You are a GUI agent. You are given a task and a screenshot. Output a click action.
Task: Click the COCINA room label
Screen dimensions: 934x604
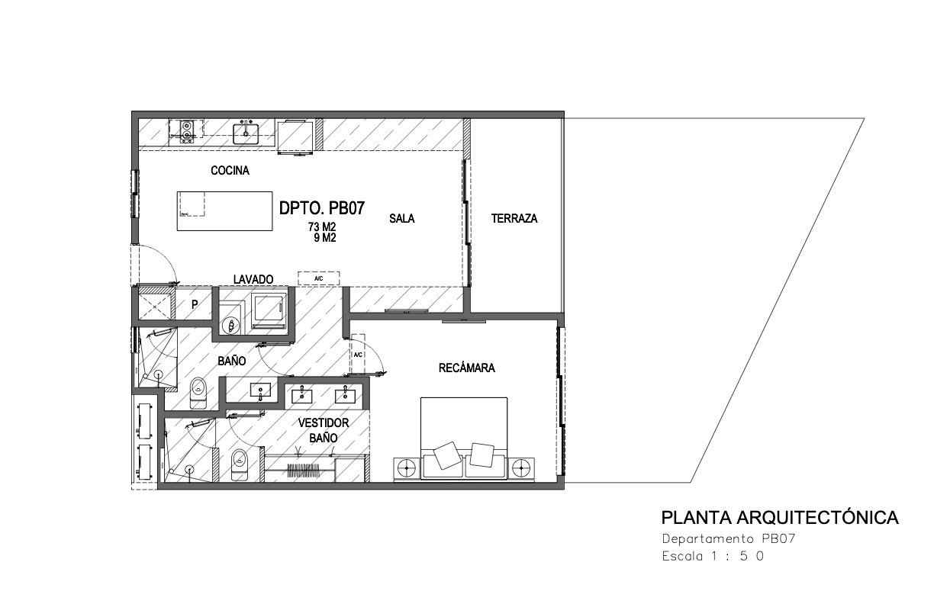coord(230,171)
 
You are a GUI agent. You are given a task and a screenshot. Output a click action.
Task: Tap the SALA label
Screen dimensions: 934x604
coord(402,218)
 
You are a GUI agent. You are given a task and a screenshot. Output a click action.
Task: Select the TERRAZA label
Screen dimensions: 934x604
coord(514,218)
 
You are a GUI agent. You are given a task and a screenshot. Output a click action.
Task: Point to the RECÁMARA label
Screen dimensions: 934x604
coord(466,368)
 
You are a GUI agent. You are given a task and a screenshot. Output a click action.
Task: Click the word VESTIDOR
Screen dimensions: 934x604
coord(324,423)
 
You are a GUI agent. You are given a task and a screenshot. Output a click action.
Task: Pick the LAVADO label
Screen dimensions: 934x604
coord(253,279)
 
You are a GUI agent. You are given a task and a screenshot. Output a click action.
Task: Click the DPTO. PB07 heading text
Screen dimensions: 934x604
coord(322,208)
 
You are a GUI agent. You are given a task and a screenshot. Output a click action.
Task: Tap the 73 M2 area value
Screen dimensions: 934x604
coord(322,226)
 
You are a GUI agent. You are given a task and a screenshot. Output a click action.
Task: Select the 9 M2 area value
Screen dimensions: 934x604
coord(325,238)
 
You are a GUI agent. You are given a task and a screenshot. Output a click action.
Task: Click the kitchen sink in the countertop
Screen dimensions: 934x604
coord(246,133)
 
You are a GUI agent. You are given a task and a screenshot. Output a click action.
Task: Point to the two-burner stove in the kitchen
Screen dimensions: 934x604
coord(187,131)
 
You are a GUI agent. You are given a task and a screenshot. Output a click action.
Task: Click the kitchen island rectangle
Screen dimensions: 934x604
coord(225,211)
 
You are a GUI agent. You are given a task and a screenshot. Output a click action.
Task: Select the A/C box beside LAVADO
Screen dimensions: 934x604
coord(318,278)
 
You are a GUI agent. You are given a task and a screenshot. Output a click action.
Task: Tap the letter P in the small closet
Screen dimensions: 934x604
coord(195,305)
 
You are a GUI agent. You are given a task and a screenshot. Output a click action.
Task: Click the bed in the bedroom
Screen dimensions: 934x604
coord(464,438)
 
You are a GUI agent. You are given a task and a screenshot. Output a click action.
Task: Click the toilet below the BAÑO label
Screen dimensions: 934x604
coord(198,393)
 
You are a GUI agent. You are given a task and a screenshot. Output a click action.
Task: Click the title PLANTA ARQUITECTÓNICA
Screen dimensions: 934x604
coord(780,518)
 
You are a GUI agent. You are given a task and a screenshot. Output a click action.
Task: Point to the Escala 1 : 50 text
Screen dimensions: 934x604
coord(713,556)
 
